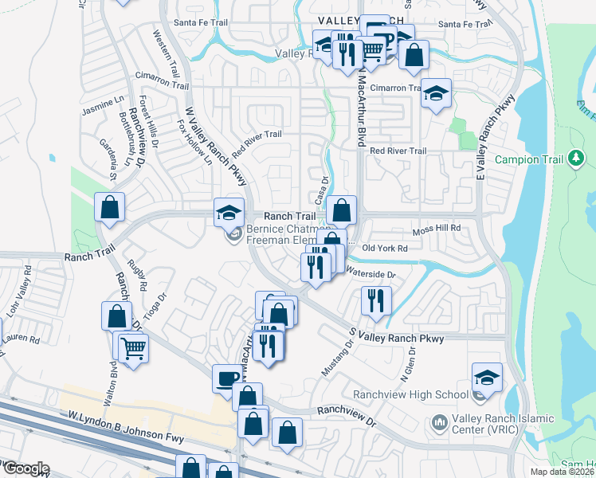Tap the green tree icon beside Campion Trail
(576, 159)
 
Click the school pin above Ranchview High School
(487, 376)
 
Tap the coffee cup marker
(227, 378)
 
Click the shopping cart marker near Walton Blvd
(133, 347)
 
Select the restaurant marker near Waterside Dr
(375, 300)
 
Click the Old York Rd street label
(385, 249)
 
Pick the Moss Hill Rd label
(437, 229)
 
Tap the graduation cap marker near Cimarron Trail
(436, 92)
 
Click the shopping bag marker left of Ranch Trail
(110, 206)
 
